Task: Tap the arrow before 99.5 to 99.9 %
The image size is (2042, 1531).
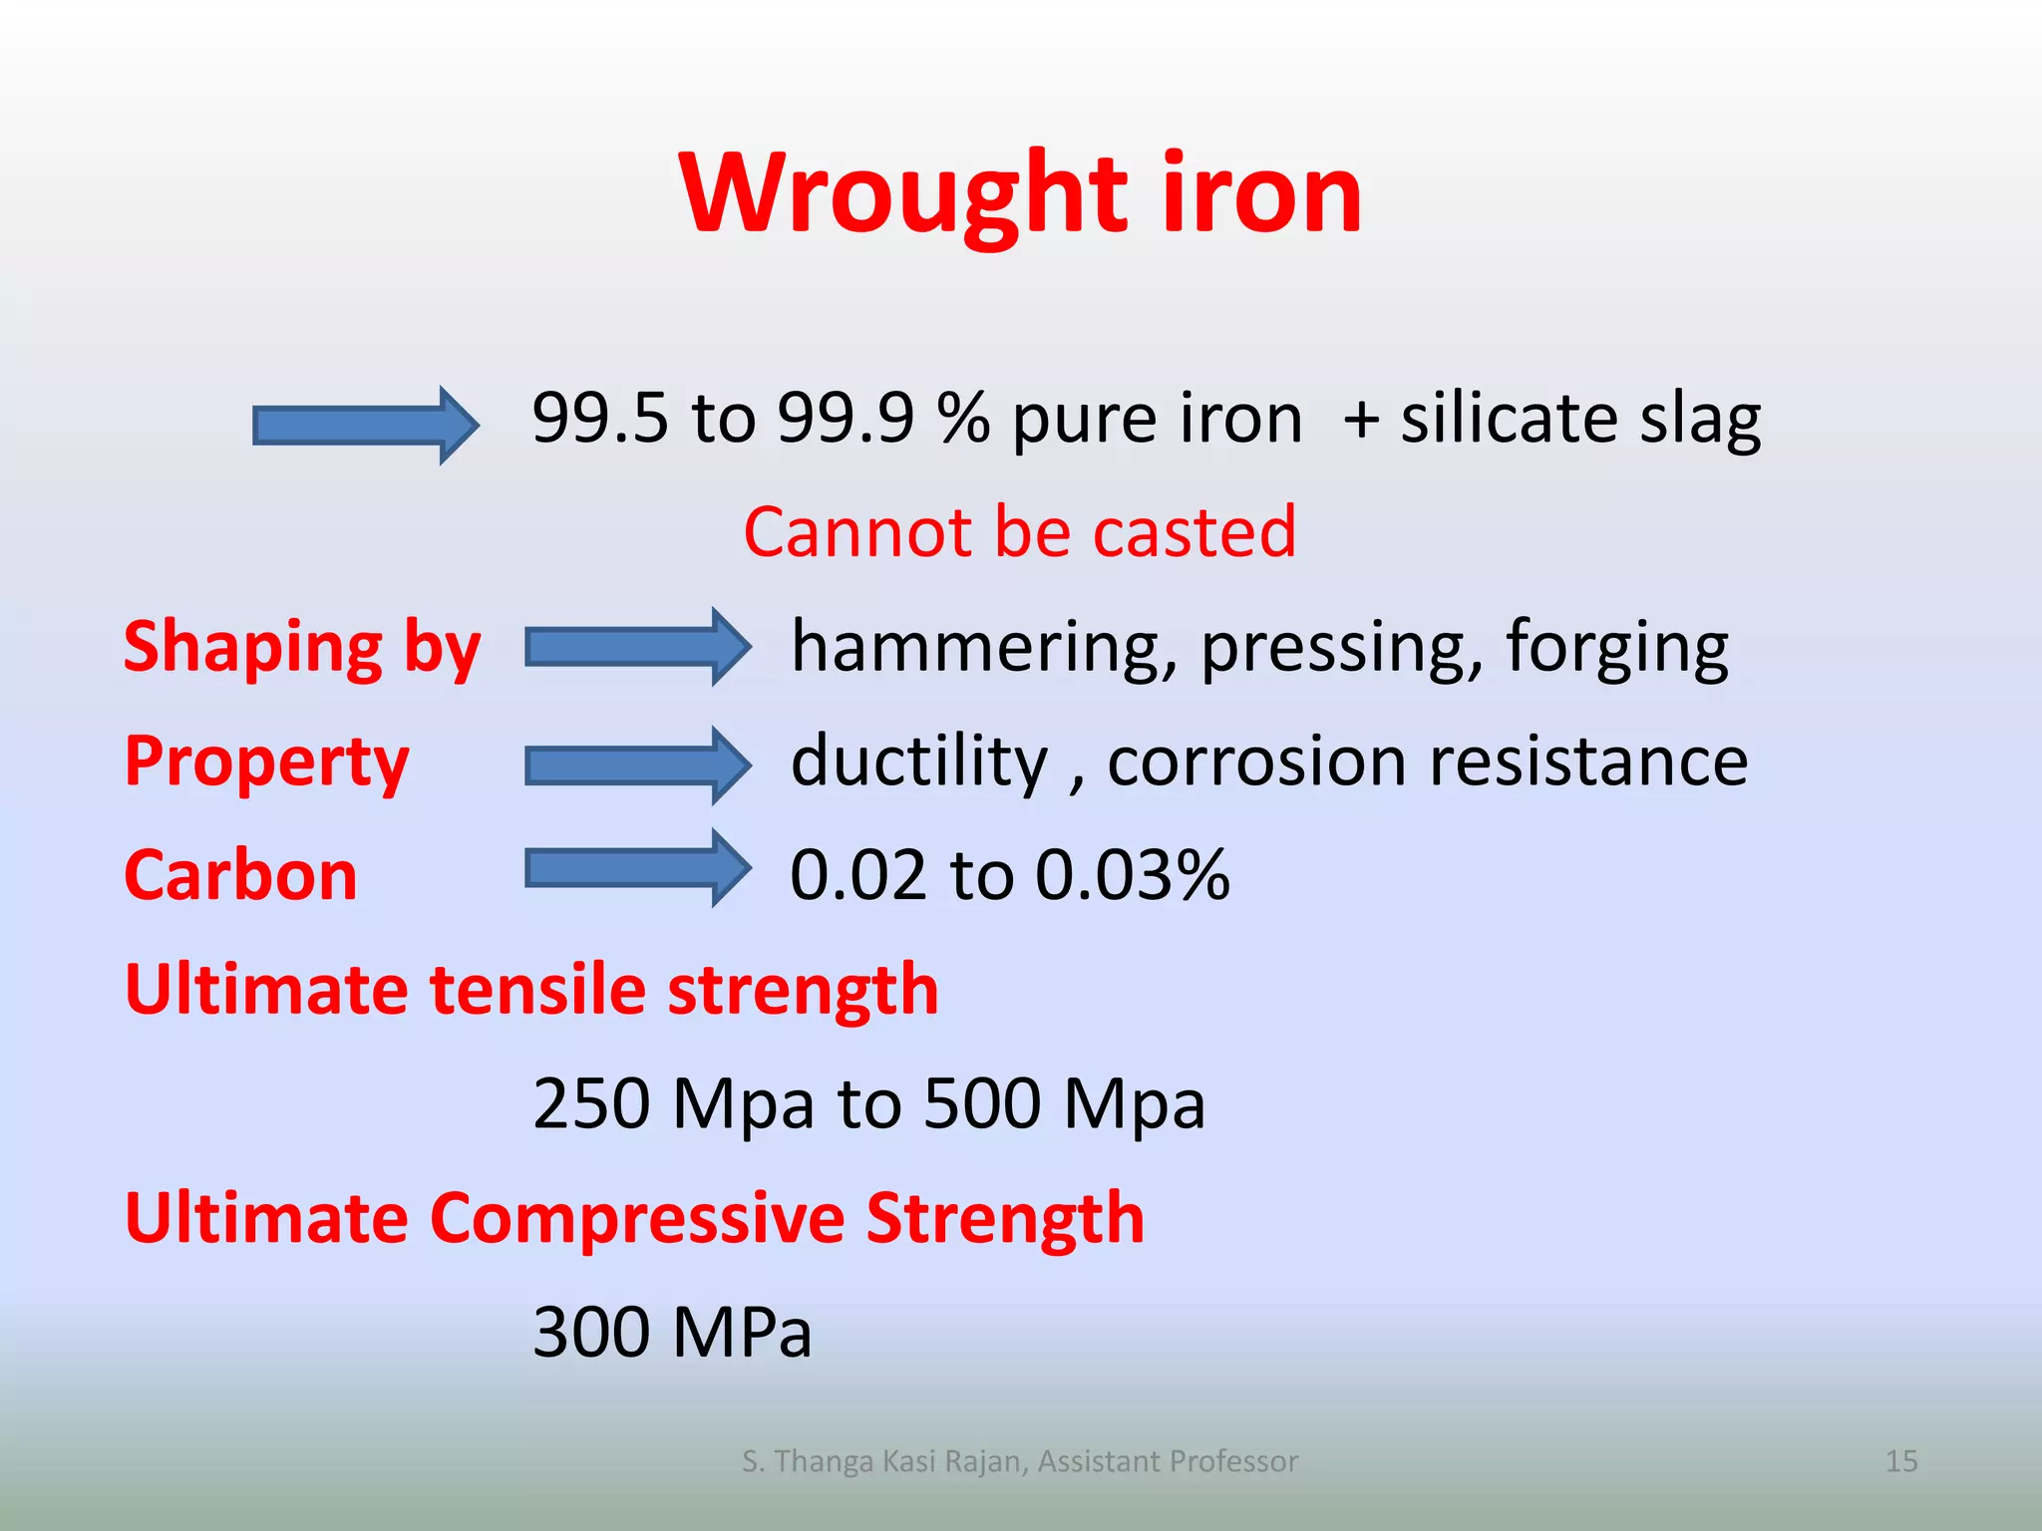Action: [365, 426]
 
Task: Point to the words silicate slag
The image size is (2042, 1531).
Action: [1580, 419]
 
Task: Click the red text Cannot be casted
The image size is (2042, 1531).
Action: [1020, 532]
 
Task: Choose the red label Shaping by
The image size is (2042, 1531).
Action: [302, 648]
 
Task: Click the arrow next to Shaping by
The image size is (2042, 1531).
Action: [637, 648]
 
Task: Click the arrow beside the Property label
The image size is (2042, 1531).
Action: [637, 765]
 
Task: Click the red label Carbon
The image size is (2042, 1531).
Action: [240, 876]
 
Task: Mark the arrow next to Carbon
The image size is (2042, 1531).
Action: [637, 868]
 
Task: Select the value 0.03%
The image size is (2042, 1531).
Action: [1132, 876]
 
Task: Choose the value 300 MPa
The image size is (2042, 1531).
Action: [672, 1333]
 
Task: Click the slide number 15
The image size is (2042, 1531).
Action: [1901, 1461]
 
